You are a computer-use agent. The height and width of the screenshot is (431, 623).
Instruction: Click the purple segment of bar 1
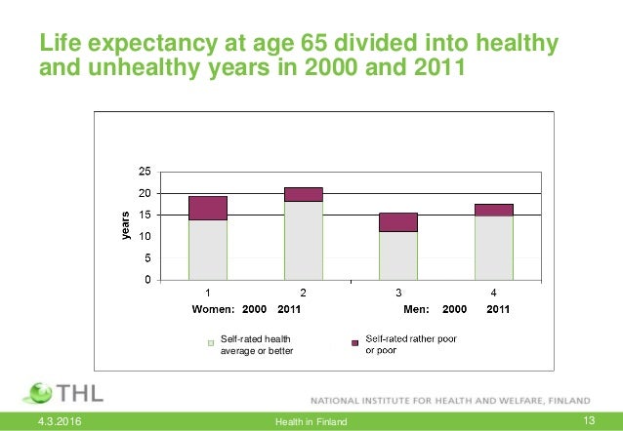208,208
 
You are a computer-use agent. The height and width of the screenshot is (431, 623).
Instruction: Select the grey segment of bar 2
304,240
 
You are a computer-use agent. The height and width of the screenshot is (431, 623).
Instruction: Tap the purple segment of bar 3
398,221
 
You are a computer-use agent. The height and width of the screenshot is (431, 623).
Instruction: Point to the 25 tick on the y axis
144,172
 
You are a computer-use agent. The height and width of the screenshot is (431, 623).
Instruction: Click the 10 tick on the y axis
144,237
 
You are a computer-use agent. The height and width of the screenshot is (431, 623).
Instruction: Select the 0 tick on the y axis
146,281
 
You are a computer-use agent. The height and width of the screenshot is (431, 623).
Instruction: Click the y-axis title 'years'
124,225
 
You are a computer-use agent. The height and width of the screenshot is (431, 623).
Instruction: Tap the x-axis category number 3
398,293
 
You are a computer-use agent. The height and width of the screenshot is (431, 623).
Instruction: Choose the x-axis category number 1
208,293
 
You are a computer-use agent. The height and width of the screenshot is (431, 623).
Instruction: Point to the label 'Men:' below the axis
417,309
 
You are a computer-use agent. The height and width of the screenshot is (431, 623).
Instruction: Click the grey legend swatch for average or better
209,343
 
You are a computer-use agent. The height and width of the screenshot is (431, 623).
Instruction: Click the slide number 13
588,420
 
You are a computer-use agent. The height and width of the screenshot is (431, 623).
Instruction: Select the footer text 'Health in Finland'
311,420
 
